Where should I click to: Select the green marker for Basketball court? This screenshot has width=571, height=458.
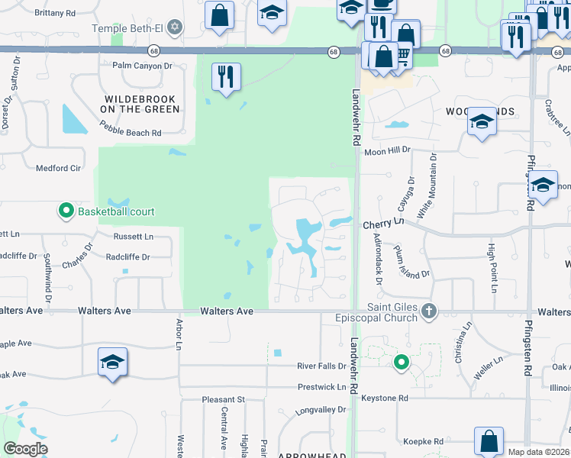(x=66, y=211)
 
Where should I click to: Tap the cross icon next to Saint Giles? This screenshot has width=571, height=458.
(x=429, y=311)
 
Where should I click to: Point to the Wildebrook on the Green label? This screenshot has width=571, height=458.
(x=140, y=104)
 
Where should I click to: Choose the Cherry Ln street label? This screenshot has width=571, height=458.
(x=383, y=224)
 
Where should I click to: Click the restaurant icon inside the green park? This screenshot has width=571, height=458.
(x=226, y=76)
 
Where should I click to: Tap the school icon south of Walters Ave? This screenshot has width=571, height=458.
(x=112, y=362)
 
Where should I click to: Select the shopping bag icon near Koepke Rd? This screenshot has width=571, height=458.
(x=489, y=441)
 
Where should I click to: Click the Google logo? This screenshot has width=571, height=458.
(x=25, y=449)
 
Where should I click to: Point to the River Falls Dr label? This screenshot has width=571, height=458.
(x=321, y=366)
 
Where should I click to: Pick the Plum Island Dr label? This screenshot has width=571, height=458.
(x=411, y=262)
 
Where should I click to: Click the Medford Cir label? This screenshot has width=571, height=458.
(x=59, y=168)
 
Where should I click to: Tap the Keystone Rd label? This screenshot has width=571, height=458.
(x=385, y=398)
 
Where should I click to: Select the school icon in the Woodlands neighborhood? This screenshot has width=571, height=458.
(x=482, y=122)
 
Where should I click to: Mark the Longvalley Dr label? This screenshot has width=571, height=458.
(x=321, y=410)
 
